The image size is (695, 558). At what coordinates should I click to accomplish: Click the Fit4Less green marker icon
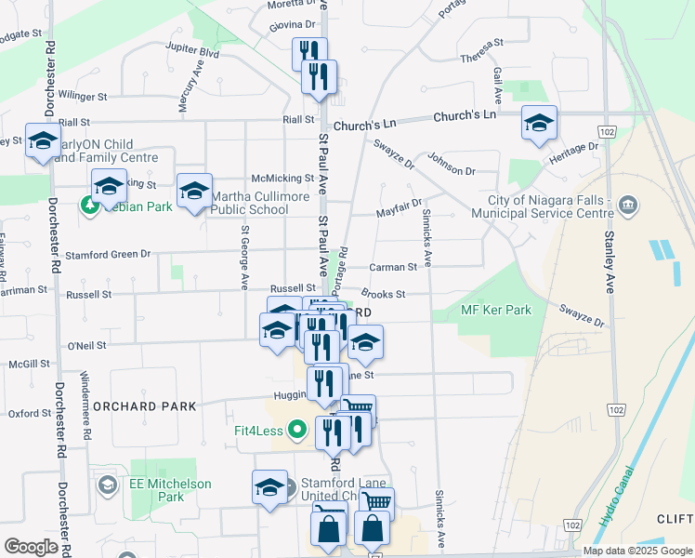[296, 430]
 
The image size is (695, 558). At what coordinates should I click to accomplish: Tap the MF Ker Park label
[496, 310]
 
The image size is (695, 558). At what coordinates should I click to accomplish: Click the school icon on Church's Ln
[539, 123]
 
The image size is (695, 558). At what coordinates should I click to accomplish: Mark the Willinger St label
[83, 95]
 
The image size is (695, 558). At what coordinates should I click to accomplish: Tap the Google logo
[31, 546]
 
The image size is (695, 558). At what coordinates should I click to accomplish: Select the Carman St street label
[391, 267]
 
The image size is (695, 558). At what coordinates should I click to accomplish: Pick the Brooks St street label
[388, 294]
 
